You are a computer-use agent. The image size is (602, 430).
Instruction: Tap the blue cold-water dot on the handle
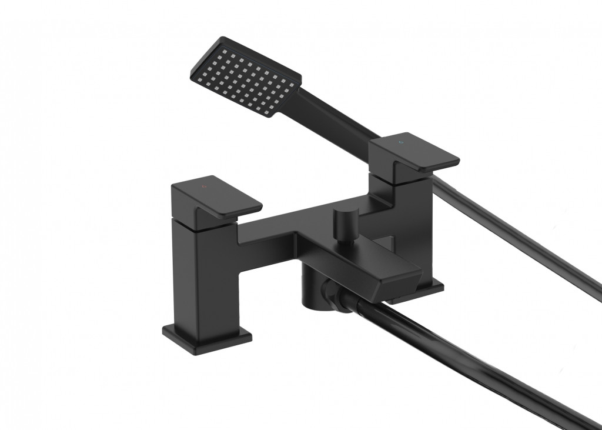[402, 143]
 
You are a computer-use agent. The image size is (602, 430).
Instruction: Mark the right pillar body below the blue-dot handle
[420, 235]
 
